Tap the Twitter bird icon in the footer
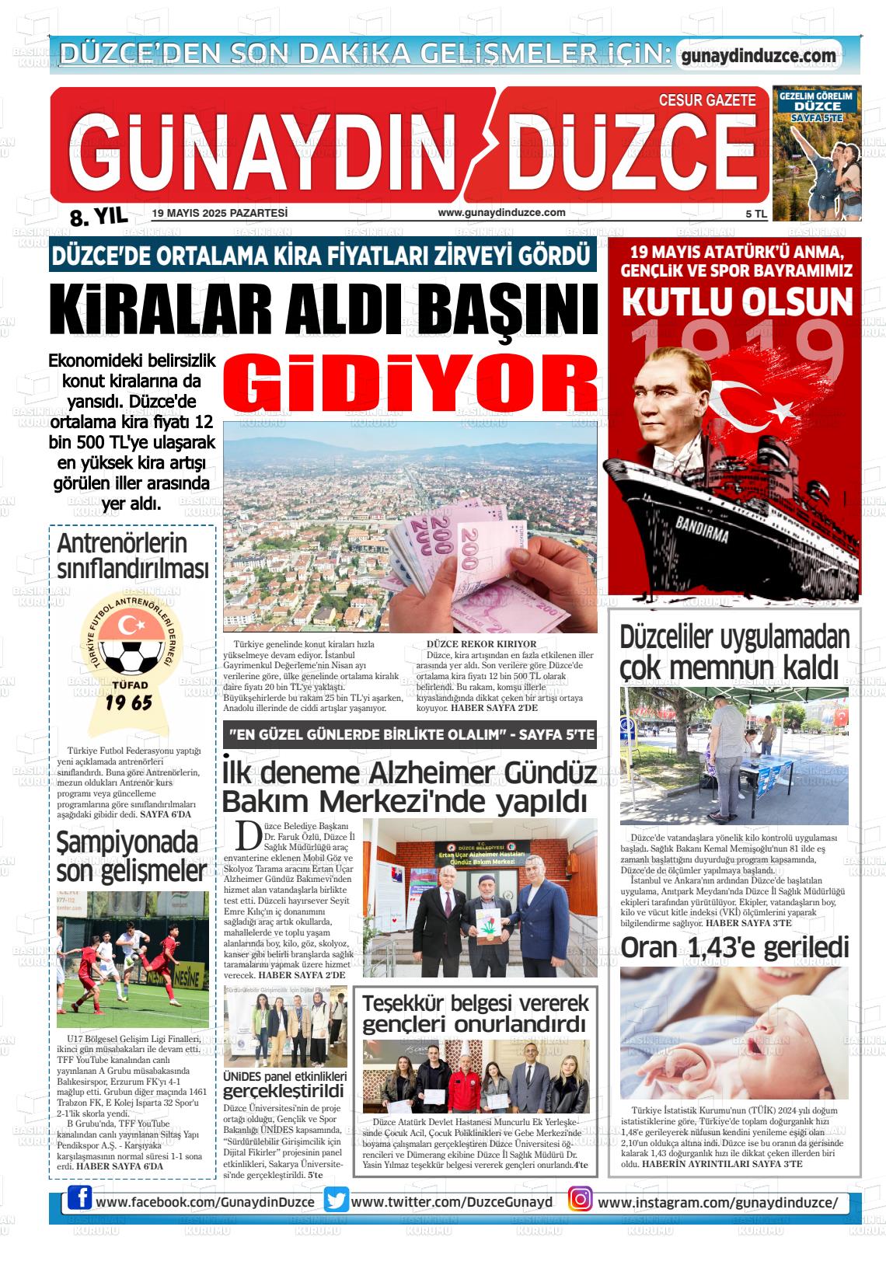click(x=337, y=1201)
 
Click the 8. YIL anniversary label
click(x=99, y=217)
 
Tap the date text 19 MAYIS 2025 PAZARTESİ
click(x=220, y=213)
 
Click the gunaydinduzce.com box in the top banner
click(x=758, y=56)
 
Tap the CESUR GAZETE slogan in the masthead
click(x=706, y=100)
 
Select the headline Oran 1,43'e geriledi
click(x=734, y=947)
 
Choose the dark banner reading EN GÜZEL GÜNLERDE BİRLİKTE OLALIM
click(x=410, y=734)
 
